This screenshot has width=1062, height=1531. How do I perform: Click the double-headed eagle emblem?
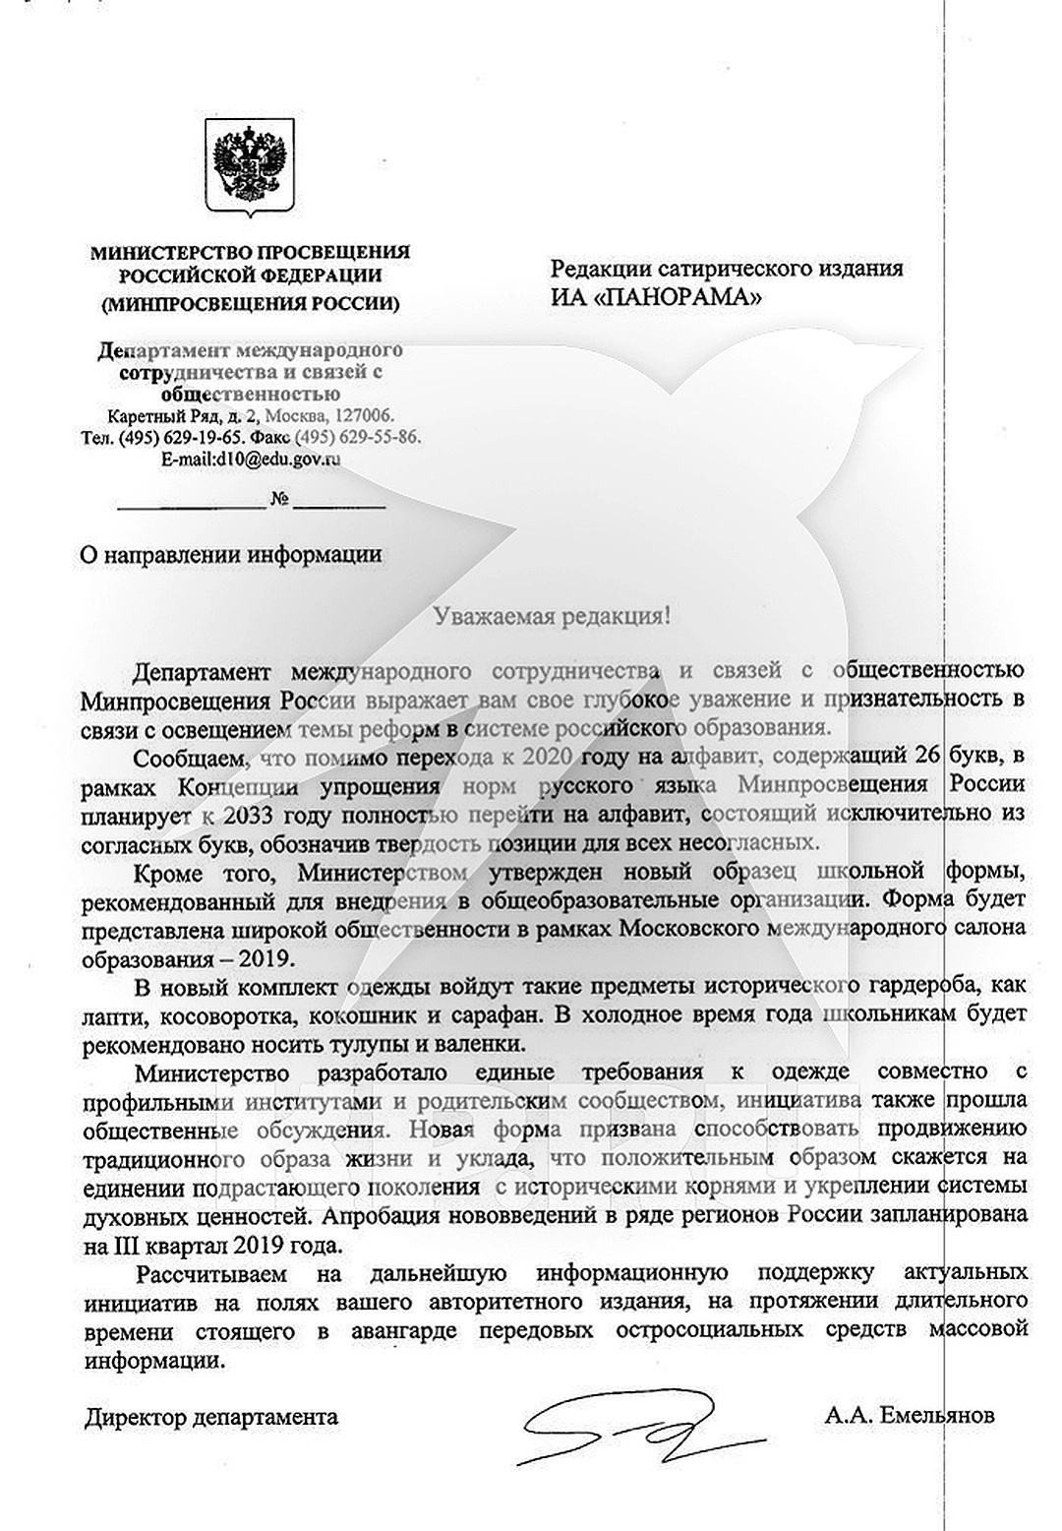[x=249, y=169]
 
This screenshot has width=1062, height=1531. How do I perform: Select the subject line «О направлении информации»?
[x=230, y=554]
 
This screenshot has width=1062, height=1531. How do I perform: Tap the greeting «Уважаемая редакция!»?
[x=554, y=617]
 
